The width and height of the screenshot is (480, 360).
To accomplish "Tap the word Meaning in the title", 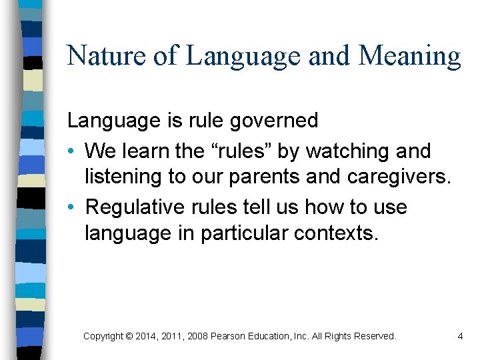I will tap(409, 55).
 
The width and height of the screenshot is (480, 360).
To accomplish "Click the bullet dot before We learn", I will tap(71, 152).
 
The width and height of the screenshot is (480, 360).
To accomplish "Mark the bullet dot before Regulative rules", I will tap(71, 208).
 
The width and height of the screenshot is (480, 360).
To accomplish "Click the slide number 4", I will tap(460, 337).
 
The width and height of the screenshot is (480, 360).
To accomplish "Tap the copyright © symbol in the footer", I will tap(128, 337).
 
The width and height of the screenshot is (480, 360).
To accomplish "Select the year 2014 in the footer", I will tap(146, 337).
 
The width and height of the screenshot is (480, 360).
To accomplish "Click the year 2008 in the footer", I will tap(196, 337).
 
